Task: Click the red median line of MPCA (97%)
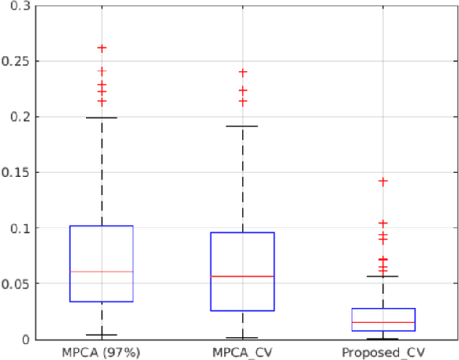pos(101,272)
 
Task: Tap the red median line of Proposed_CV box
pos(382,323)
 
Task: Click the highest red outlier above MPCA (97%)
pos(101,48)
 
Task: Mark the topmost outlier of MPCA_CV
pos(242,72)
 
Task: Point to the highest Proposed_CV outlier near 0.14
pos(382,182)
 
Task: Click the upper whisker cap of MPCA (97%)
pos(101,118)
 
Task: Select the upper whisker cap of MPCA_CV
pos(242,126)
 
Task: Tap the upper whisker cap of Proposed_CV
pos(382,276)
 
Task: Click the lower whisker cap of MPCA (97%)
pos(101,335)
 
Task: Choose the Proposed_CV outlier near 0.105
pos(382,223)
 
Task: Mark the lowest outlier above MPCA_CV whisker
pos(242,102)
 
